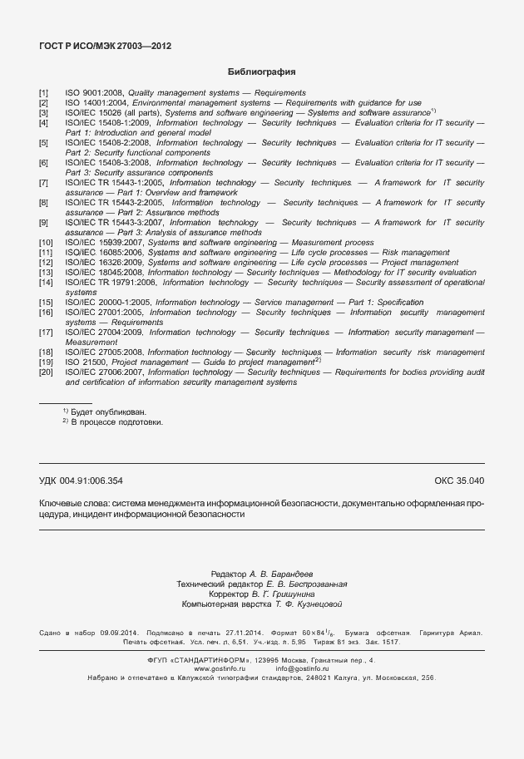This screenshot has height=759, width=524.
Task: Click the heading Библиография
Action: tap(262, 72)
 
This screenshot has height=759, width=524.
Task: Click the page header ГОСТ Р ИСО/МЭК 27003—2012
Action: tap(106, 46)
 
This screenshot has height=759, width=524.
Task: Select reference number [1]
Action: tap(44, 93)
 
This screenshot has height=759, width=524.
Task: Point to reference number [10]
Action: tap(46, 242)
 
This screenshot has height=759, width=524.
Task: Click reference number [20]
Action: tap(46, 372)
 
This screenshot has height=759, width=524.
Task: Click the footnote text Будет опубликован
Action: tap(107, 412)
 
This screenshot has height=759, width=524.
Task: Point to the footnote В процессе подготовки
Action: tap(116, 421)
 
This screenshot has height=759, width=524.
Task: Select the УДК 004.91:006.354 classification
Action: tap(81, 481)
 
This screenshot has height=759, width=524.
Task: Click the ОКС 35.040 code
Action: tap(458, 481)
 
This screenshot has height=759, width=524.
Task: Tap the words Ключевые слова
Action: tap(73, 503)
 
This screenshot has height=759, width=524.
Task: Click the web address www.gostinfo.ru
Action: tap(220, 668)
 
